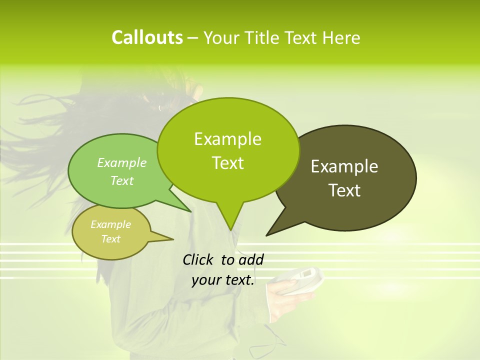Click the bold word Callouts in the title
[x=147, y=37]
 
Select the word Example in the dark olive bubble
[x=344, y=166]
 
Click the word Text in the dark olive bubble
[x=344, y=190]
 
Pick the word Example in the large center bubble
[x=227, y=139]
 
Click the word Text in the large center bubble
[x=227, y=163]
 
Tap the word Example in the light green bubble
[x=122, y=162]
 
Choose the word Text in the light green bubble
[x=122, y=180]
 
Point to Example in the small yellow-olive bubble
[x=111, y=224]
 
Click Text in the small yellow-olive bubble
[x=111, y=239]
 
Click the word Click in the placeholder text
[x=198, y=259]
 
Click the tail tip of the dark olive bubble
[x=267, y=234]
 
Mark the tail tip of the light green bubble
[x=190, y=211]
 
